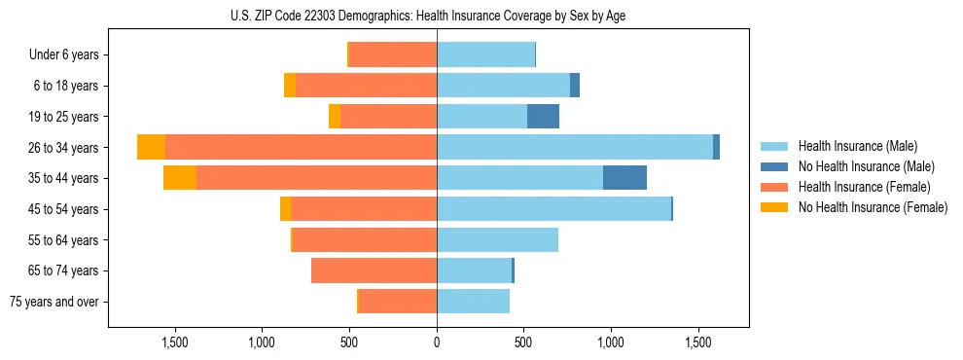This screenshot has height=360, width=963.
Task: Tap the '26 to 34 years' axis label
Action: [63, 148]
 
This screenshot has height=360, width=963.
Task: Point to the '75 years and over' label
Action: [54, 302]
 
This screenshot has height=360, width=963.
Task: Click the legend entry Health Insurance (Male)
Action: [857, 146]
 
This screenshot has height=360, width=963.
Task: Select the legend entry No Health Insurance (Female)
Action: [873, 207]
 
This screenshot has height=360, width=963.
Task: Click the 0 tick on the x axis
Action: [437, 343]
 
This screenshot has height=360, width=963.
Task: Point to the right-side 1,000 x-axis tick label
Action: [611, 343]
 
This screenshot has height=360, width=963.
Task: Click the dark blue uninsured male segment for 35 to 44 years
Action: [624, 178]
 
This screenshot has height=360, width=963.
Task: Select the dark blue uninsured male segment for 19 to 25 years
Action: [543, 117]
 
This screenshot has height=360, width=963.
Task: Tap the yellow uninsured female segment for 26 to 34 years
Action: [151, 147]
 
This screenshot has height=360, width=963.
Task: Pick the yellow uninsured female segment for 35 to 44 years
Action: [180, 178]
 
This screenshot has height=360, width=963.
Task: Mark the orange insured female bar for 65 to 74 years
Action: [374, 270]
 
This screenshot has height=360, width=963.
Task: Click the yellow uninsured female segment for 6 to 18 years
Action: [290, 86]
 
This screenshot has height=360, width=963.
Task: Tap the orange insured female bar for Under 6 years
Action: [393, 55]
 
